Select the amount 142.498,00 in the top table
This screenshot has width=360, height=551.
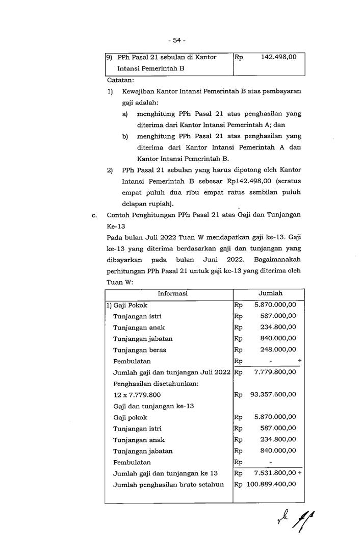pos(278,57)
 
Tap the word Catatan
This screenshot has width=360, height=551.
pos(120,80)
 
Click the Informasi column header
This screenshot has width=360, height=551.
pos(172,293)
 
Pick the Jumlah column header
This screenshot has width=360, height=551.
pos(270,293)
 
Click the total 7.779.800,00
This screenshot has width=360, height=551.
pos(275,372)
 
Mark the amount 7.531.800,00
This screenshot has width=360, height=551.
pos(275,473)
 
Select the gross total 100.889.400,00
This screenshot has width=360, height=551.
pos(271,484)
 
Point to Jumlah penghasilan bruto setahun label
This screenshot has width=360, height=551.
pos(168,484)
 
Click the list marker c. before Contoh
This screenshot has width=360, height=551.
pos(94,215)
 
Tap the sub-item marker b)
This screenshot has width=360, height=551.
pos(125,136)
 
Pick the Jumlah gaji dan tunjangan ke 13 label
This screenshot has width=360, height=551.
pos(165,473)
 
